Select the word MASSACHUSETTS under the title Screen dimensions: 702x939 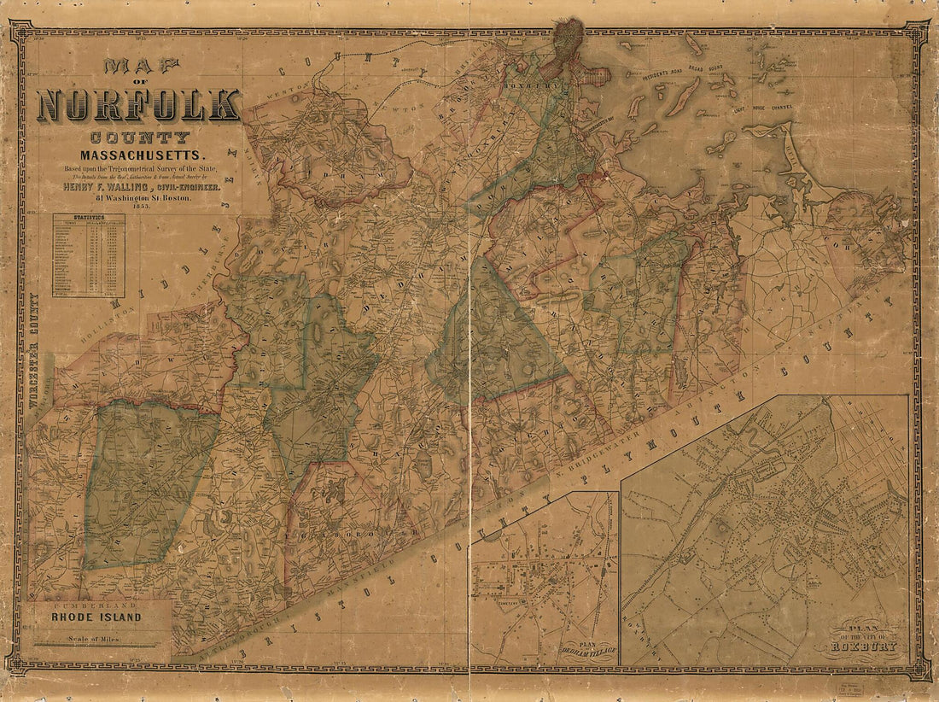pyautogui.click(x=143, y=155)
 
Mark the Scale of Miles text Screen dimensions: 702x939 pyautogui.click(x=84, y=638)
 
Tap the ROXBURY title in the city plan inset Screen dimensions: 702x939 pyautogui.click(x=870, y=646)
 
